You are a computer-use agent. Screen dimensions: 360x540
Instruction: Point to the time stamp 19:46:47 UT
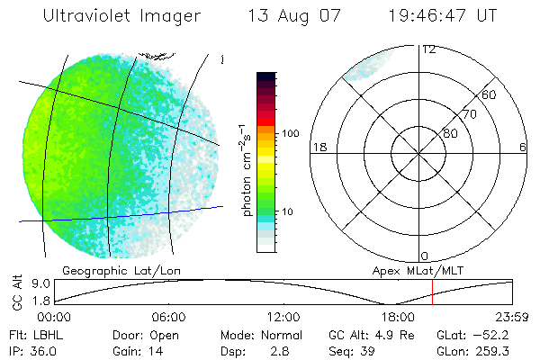[444, 16]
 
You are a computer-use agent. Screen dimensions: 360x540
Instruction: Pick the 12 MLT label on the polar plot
[429, 49]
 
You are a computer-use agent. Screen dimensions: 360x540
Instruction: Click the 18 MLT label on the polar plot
[318, 147]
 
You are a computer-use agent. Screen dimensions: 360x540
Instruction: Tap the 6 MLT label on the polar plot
[522, 147]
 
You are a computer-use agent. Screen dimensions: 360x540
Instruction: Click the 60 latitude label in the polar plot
[490, 94]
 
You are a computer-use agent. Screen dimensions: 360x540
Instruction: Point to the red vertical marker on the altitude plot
[432, 291]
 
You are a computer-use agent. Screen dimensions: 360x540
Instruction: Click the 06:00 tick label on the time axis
[168, 317]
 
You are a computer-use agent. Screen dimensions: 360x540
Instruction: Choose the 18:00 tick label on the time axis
[398, 317]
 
